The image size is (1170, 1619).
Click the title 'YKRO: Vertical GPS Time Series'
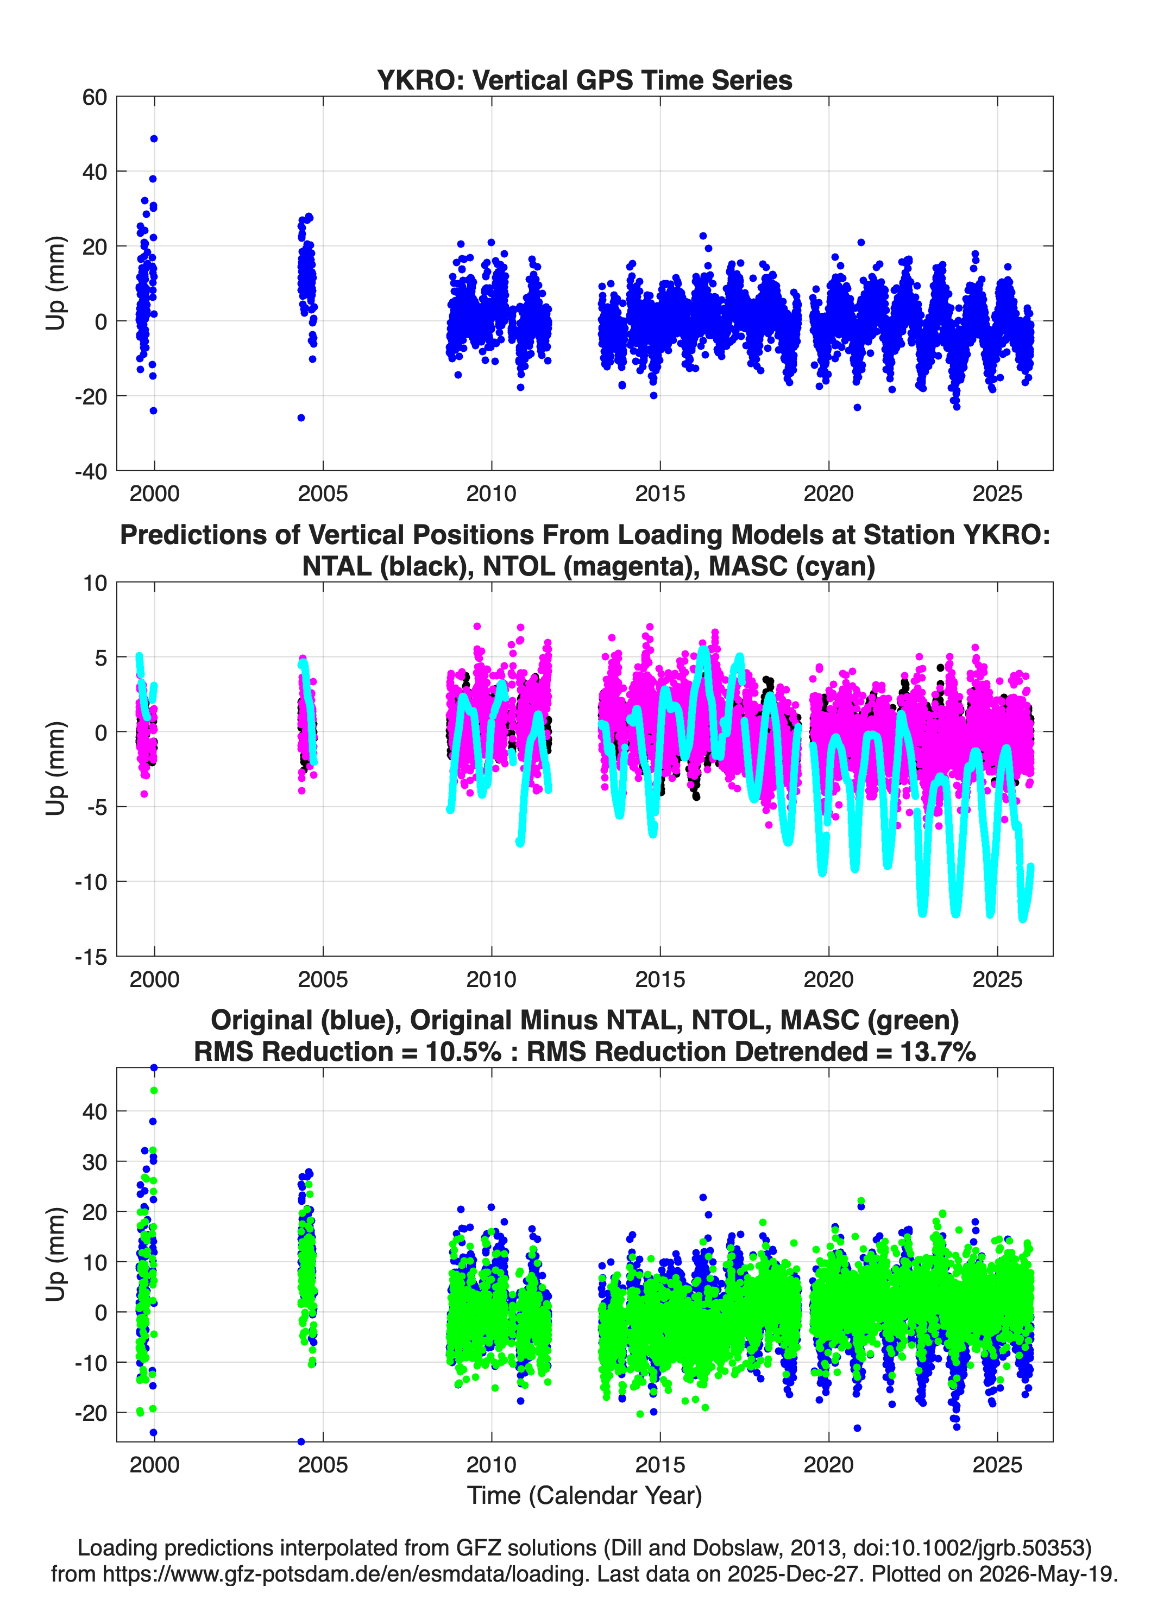[584, 80]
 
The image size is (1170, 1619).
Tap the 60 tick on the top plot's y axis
[95, 97]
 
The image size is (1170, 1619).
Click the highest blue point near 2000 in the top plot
[154, 138]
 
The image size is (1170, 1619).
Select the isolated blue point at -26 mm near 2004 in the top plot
[301, 418]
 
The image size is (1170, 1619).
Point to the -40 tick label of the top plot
[91, 471]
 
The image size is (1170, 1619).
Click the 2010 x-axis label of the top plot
[492, 494]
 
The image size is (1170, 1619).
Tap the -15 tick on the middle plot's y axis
[91, 957]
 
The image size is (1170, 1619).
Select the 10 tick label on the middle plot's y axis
[95, 583]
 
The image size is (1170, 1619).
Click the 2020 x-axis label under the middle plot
[828, 979]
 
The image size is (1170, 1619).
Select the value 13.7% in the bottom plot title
[938, 1052]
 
